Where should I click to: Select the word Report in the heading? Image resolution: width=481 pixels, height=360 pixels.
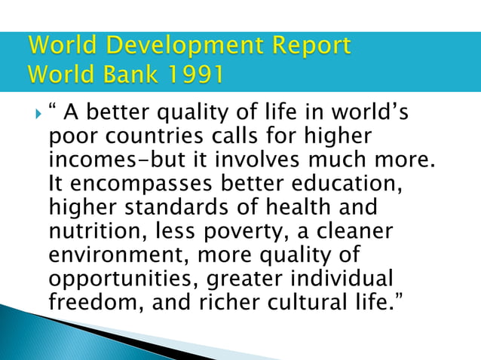(x=308, y=47)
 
